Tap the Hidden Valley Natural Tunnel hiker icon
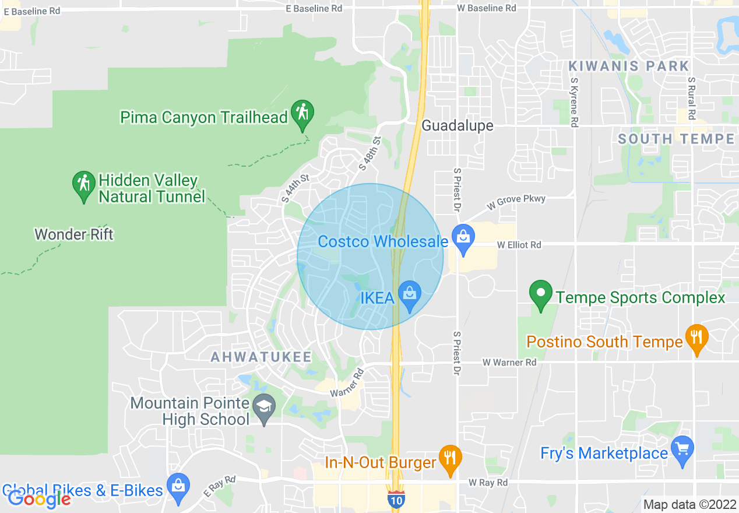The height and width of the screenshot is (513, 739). coord(84,184)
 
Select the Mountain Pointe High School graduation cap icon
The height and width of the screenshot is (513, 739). coord(265,407)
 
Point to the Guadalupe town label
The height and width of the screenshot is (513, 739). coord(458,125)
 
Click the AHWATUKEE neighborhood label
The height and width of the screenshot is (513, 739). coord(261,357)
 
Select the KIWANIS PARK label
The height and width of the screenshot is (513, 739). coord(629,66)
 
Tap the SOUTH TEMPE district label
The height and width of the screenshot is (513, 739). coord(676,139)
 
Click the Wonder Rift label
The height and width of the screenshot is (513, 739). coord(74,234)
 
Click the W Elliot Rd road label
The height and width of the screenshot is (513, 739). coord(519,245)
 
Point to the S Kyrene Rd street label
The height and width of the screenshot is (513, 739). coord(574,103)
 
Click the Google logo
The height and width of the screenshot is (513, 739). coord(39,498)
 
